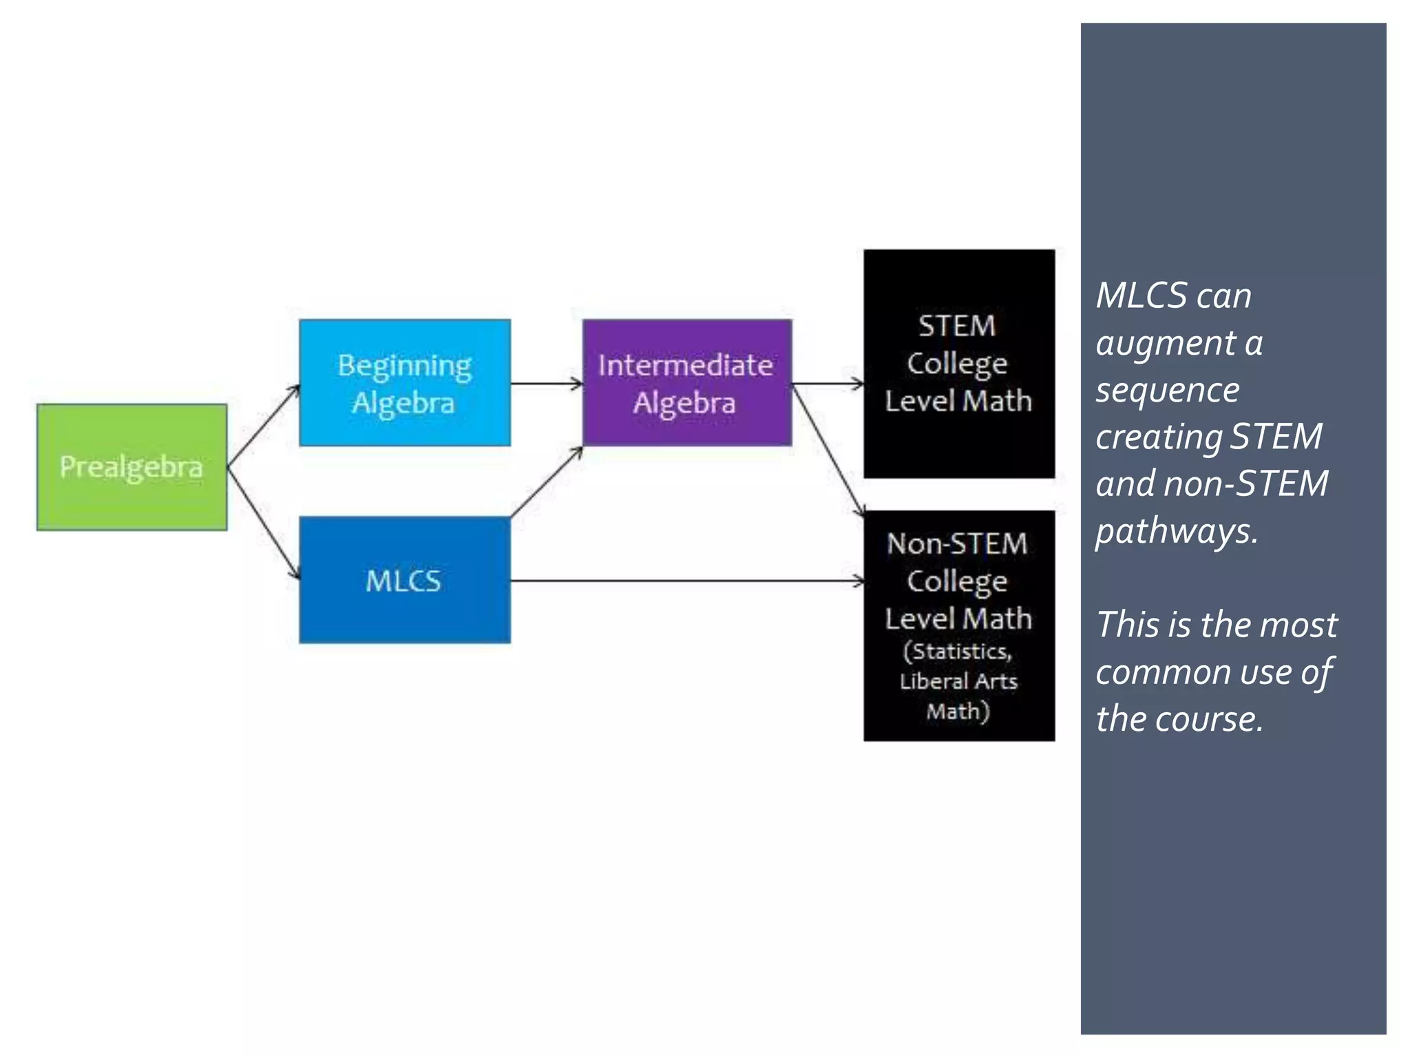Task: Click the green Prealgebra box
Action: [131, 467]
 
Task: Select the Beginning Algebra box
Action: [405, 383]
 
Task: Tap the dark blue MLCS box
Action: [405, 580]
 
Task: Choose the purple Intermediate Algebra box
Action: [686, 383]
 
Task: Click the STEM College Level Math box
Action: [958, 364]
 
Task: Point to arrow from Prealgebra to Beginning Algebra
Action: [264, 425]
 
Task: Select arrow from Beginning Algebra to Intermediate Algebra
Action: [547, 384]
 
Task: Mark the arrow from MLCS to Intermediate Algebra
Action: [547, 482]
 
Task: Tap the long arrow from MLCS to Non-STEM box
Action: [688, 581]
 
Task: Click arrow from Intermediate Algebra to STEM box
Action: [828, 384]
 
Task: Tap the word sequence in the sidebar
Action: [1167, 391]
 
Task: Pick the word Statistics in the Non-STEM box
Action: [961, 651]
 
